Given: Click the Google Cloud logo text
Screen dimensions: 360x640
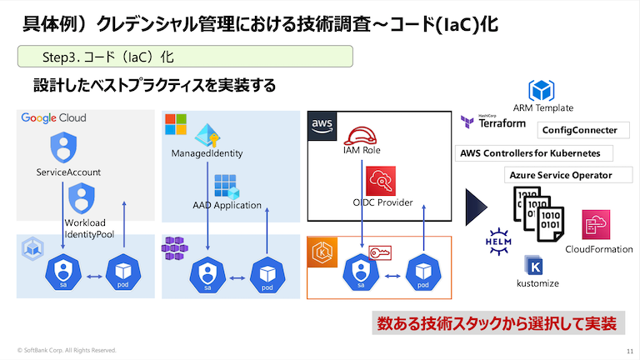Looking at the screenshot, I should tap(53, 118).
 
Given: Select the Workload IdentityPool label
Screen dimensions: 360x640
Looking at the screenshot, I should tap(89, 228).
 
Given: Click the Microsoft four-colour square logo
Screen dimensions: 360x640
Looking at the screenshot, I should tap(176, 124).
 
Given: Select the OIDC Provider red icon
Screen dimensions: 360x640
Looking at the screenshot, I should tap(380, 181).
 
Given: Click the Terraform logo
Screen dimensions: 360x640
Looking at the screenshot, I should tap(493, 122).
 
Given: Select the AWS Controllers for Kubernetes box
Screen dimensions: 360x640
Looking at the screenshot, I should tap(529, 153).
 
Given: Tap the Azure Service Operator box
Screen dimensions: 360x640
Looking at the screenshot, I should tap(560, 175).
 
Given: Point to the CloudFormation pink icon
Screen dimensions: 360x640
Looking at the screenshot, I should tap(597, 225).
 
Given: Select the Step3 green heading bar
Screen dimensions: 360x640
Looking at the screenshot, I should tap(186, 57).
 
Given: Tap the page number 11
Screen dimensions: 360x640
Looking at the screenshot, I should tap(628, 350).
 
